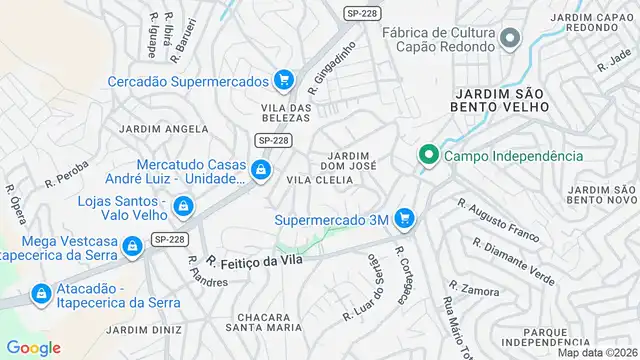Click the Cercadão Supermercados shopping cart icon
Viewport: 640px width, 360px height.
coord(284,80)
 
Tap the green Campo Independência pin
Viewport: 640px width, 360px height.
coord(429,155)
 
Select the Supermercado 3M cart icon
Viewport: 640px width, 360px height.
coord(404,218)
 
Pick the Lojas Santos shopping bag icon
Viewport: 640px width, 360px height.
coord(183,207)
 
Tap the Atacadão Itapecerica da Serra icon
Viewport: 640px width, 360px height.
coord(41,295)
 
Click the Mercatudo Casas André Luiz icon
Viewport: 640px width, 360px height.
coord(260,171)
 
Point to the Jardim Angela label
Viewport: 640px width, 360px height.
coord(163,129)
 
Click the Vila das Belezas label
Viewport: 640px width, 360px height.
coord(287,113)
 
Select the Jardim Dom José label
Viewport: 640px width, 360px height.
coord(349,160)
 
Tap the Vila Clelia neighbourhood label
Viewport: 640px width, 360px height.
coord(320,180)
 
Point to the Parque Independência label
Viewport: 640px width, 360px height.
coord(566,337)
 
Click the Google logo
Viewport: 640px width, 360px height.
coord(34,347)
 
